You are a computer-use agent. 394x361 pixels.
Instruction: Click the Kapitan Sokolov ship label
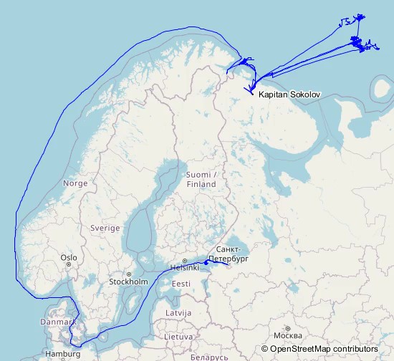[289, 95]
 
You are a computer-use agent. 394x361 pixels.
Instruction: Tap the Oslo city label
[69, 258]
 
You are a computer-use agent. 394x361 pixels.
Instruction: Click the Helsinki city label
[184, 268]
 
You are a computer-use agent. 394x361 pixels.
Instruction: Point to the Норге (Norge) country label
[75, 183]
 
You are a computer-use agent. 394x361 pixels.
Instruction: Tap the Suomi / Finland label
[201, 180]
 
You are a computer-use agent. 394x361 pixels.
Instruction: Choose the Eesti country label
[181, 284]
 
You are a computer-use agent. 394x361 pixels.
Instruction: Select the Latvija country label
[178, 313]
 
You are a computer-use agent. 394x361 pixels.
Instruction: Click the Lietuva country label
[178, 336]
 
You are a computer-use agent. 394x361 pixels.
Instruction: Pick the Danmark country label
[58, 322]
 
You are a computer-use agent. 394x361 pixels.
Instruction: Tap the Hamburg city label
[62, 354]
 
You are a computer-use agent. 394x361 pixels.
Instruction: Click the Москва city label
[287, 336]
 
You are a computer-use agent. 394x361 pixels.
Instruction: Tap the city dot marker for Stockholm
[129, 274]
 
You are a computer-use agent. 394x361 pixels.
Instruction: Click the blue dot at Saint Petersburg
[206, 262]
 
